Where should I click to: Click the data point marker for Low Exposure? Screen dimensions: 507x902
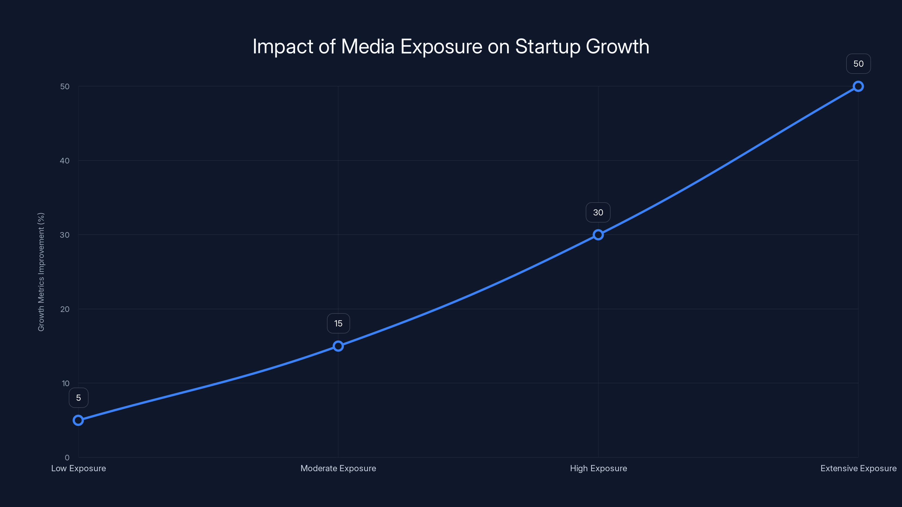coord(78,420)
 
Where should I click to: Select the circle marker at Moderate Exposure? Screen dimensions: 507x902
coord(338,346)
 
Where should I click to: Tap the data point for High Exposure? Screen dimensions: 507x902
coord(598,235)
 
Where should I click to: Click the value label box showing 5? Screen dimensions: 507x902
coord(78,398)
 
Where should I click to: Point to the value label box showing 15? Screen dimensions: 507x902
coord(338,323)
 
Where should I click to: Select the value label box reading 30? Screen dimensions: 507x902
coord(598,212)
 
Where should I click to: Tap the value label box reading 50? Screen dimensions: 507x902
coord(858,64)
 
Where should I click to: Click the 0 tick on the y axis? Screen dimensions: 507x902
coord(67,457)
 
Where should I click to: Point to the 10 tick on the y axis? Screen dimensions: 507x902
coord(65,383)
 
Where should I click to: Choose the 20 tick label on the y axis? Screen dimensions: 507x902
coord(65,309)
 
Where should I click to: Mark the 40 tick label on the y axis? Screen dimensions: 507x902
coord(65,161)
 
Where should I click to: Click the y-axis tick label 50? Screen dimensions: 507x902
coord(65,86)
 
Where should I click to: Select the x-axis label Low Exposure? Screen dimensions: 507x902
coord(78,468)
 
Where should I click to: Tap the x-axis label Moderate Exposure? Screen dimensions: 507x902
coord(338,468)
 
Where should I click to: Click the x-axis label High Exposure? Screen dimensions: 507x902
coord(598,468)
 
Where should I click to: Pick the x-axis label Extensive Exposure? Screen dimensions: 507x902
coord(858,468)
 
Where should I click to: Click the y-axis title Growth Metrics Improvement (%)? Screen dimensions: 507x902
coord(41,272)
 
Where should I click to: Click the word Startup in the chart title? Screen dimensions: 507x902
coord(548,46)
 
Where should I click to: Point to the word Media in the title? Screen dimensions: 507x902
coord(368,46)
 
